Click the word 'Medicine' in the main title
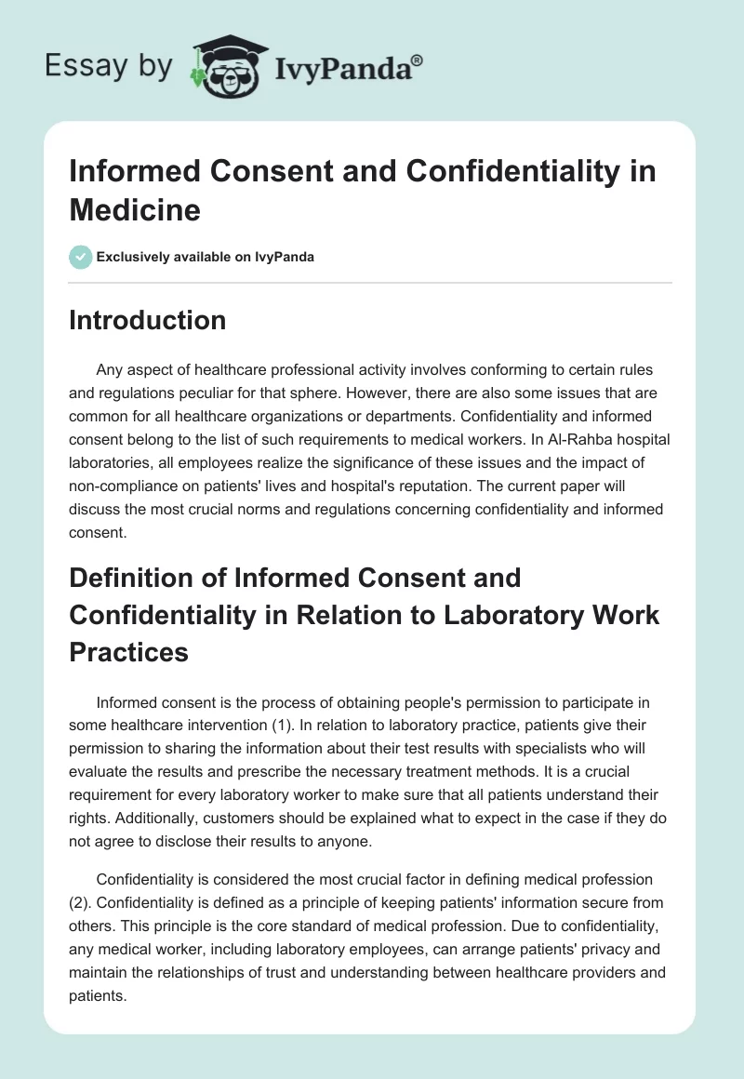135,209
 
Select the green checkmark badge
81,257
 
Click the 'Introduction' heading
148,320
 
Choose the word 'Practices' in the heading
129,652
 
